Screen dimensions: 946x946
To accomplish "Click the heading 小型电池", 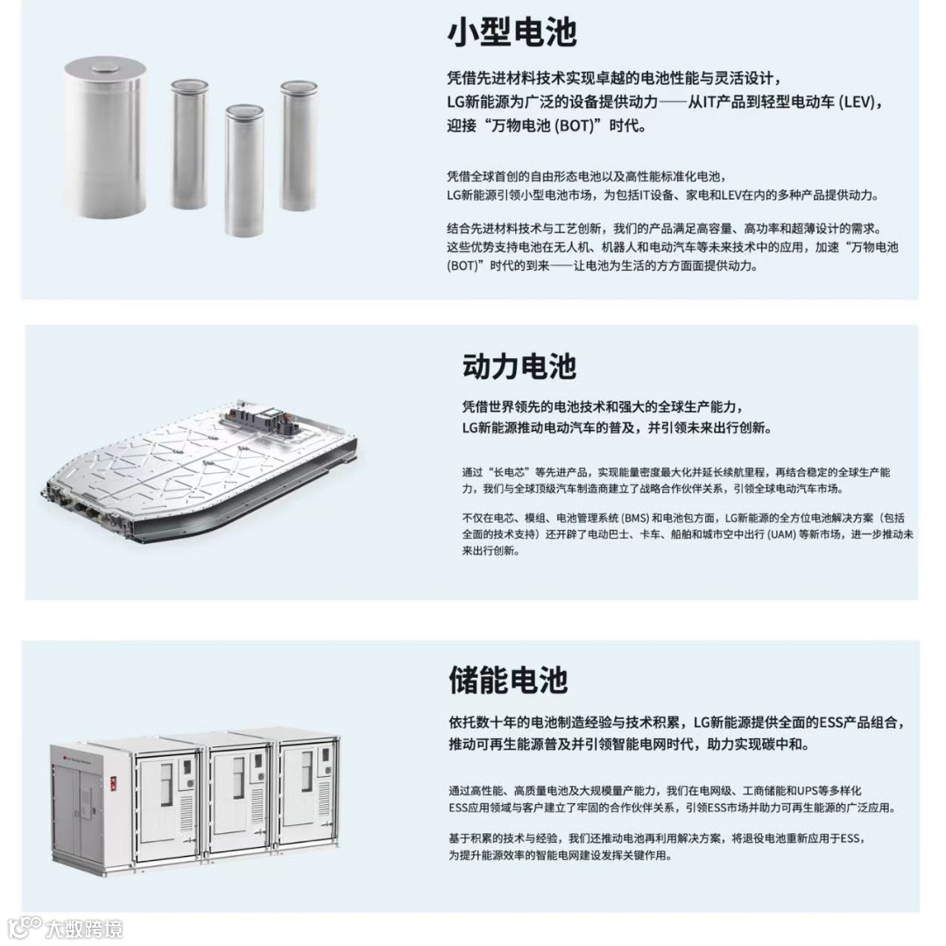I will (512, 32).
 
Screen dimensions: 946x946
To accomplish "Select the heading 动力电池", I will (519, 365).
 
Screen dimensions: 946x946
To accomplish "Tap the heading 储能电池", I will (508, 680).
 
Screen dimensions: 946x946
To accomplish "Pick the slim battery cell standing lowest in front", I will (244, 171).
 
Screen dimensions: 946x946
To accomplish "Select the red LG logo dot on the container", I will (64, 748).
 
